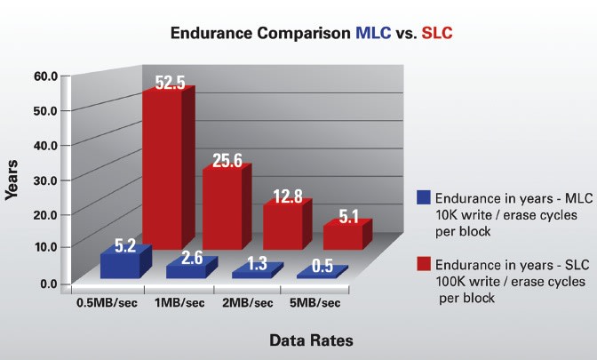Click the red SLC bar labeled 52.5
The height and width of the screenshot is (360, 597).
click(x=163, y=169)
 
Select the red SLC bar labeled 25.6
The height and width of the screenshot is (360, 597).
click(x=221, y=209)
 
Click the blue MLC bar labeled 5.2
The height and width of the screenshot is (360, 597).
click(x=120, y=265)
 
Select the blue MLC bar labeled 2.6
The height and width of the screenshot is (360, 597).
click(x=184, y=269)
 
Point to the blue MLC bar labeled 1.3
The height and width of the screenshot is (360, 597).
click(x=249, y=273)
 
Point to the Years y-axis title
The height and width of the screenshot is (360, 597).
click(x=12, y=180)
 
